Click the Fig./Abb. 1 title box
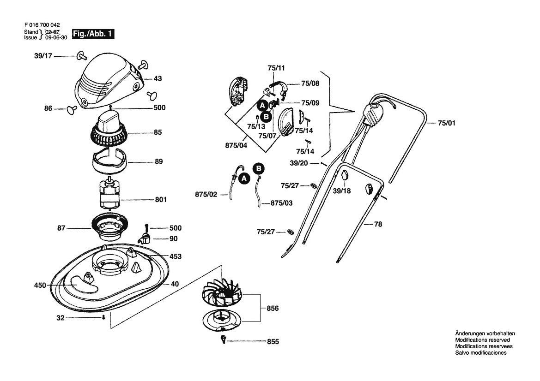tap(93, 34)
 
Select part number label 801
tap(161, 199)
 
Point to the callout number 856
tap(273, 309)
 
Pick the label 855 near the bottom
tap(273, 341)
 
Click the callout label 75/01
tap(446, 123)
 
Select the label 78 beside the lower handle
tap(378, 224)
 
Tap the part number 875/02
tap(206, 195)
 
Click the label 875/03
tap(282, 203)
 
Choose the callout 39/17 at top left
tap(43, 56)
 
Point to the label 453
tap(175, 256)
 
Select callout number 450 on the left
tap(40, 286)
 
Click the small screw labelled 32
tap(103, 317)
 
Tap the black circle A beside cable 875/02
tap(244, 179)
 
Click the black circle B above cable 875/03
tap(259, 168)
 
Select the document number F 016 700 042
tap(42, 25)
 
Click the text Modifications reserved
tap(482, 340)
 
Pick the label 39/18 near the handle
tap(342, 191)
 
